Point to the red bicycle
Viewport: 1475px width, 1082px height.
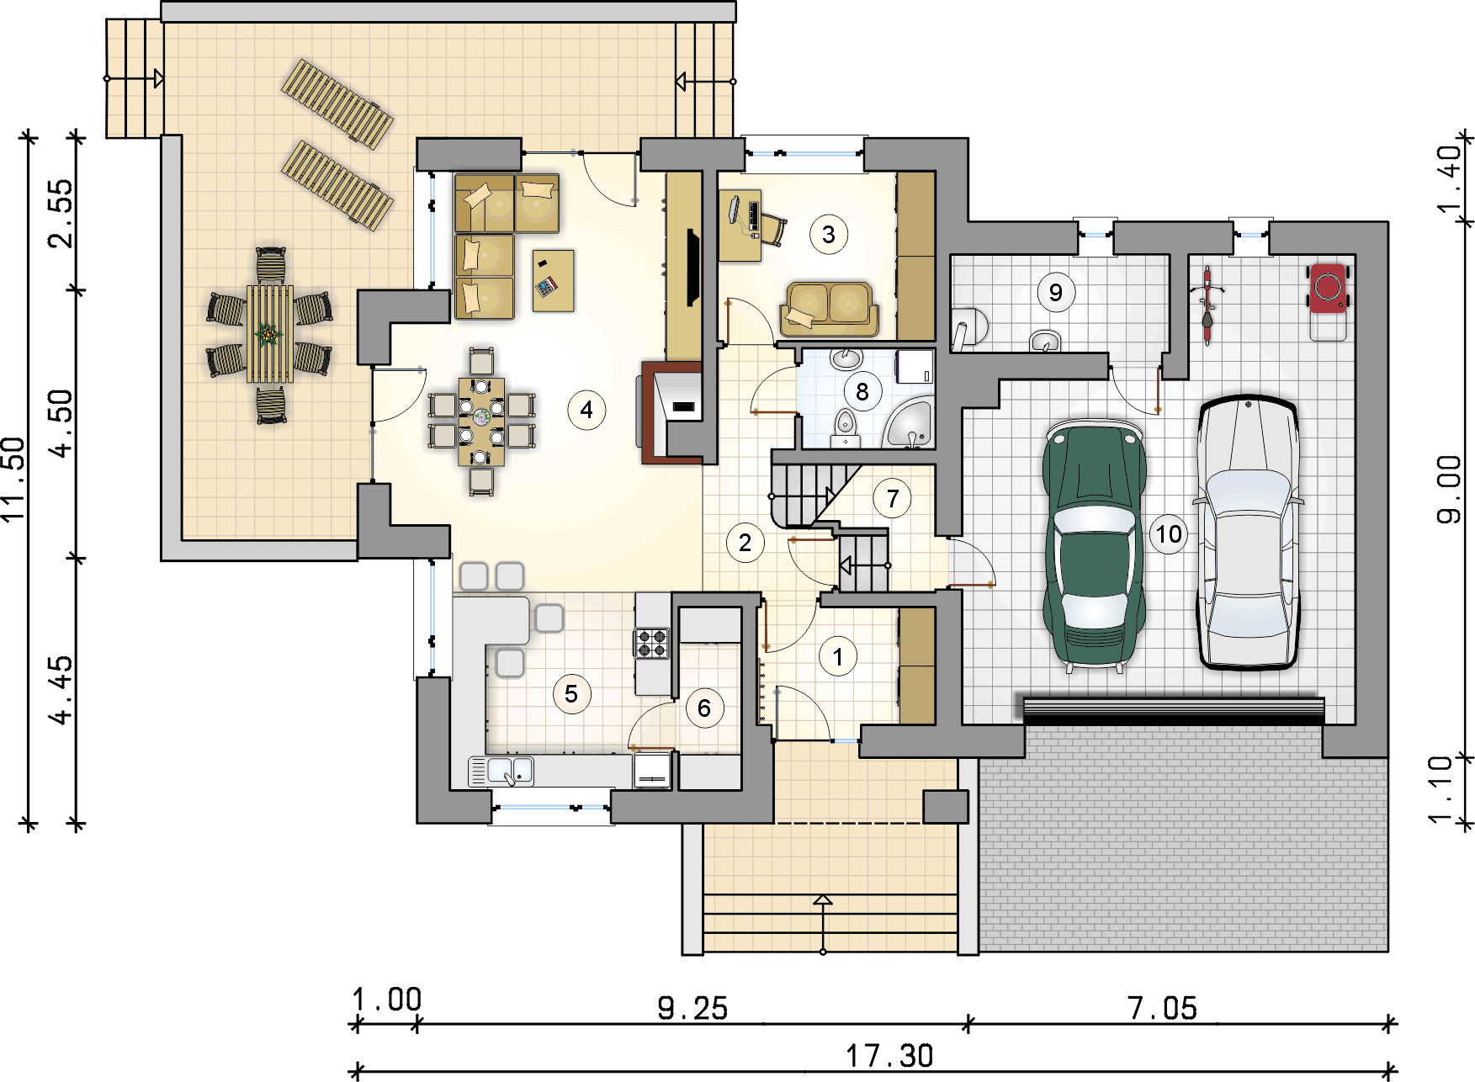click(x=1207, y=305)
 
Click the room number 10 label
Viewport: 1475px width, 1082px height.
click(x=1168, y=534)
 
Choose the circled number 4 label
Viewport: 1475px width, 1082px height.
click(x=586, y=411)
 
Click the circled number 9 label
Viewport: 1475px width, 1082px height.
click(x=1055, y=293)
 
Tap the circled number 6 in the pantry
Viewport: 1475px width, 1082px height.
click(x=704, y=708)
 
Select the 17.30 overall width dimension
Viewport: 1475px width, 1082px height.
click(x=889, y=1055)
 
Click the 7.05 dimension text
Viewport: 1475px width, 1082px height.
click(x=1162, y=1008)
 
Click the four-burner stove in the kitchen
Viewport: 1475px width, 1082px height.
click(x=652, y=643)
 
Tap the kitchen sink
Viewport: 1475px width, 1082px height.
click(x=510, y=770)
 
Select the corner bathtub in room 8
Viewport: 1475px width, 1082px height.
click(x=909, y=424)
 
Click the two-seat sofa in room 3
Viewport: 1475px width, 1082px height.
click(x=830, y=309)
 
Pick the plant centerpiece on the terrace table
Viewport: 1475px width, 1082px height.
click(x=269, y=335)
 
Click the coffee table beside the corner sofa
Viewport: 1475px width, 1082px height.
click(x=554, y=280)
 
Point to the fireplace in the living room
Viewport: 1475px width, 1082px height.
click(x=673, y=413)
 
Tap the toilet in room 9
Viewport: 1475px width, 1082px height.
click(x=968, y=327)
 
